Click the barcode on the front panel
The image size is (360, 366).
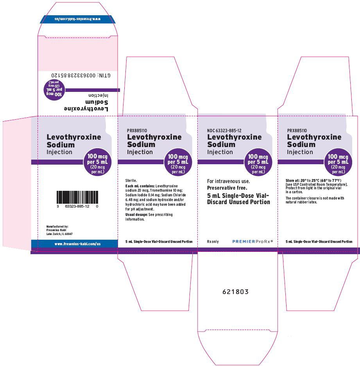pos(77,197)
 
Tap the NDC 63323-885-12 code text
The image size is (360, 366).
pos(224,131)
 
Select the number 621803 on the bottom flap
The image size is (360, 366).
pos(235,292)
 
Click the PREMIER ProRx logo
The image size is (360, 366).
pos(253,241)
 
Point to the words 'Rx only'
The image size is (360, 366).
pos(213,242)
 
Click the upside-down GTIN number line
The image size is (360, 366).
pos(81,75)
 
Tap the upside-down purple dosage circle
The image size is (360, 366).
pos(54,90)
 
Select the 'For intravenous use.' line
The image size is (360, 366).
pos(228,181)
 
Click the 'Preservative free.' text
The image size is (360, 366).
pos(227,188)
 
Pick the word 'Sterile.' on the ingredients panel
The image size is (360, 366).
pos(131,180)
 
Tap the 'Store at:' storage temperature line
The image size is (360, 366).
pos(313,180)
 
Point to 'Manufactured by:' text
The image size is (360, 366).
pos(57,226)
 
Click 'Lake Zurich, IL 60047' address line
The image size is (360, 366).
pos(59,234)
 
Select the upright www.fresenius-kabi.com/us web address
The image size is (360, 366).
pos(77,244)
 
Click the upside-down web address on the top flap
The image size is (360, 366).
pos(78,19)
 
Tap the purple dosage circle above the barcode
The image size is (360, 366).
pos(97,162)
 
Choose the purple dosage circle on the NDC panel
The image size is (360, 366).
pos(258,162)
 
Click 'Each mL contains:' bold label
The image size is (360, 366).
pos(140,186)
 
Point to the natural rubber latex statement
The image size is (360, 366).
pos(315,200)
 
